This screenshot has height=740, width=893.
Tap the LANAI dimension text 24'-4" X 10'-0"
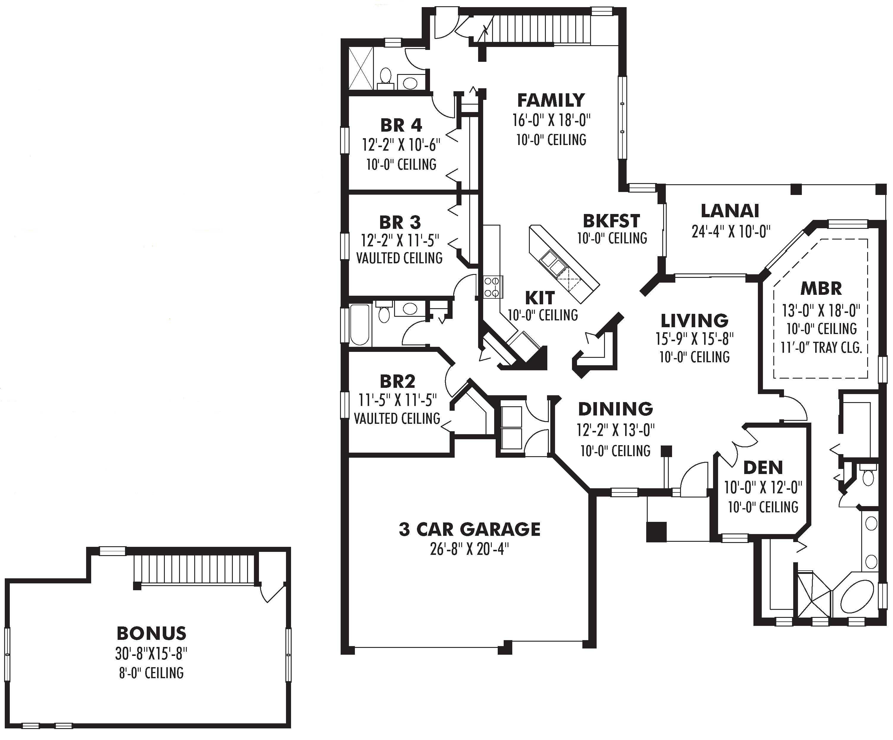coord(731,232)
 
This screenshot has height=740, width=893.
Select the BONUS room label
coord(151,633)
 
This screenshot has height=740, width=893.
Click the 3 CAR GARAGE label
coord(470,529)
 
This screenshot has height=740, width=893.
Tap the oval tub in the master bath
coord(854,597)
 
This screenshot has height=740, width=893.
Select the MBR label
coord(821,289)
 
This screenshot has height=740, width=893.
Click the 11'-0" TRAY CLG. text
coord(821,348)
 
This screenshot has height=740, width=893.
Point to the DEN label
coord(763,468)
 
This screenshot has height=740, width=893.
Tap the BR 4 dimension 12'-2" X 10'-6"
coord(401,145)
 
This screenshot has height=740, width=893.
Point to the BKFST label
coord(611,221)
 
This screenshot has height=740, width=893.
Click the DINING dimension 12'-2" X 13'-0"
coord(615,430)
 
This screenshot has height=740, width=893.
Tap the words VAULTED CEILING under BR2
coord(397,418)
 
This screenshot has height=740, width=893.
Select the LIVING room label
coord(694,320)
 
